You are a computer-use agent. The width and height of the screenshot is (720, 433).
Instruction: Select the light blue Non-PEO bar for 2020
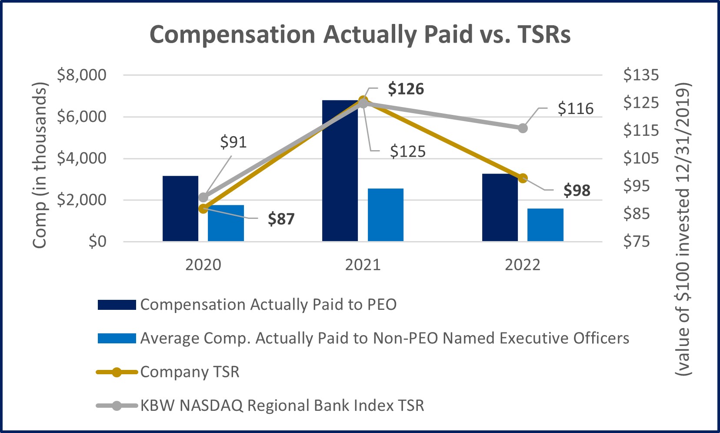(226, 223)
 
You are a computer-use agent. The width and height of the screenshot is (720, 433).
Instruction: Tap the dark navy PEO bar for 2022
(500, 208)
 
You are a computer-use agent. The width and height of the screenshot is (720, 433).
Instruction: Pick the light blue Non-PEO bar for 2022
(545, 225)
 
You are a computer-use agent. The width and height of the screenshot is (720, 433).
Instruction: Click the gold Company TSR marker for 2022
(523, 178)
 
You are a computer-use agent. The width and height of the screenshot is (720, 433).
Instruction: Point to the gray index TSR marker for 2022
(523, 128)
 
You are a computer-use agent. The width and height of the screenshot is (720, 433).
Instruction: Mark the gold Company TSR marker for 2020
(203, 208)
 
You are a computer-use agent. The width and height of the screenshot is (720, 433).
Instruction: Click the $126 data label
(406, 89)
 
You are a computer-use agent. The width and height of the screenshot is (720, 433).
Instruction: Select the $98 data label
(577, 191)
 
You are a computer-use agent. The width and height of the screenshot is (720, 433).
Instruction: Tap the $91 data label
(233, 142)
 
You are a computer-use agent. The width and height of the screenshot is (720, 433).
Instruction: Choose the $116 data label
(575, 108)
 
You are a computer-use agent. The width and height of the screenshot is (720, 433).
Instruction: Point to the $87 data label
(281, 219)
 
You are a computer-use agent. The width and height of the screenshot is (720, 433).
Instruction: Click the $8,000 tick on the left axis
(82, 75)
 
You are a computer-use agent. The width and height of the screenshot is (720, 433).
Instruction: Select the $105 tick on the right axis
(641, 158)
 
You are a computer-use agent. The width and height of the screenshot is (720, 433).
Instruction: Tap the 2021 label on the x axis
(363, 265)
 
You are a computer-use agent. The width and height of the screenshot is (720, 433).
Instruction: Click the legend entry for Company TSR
(190, 372)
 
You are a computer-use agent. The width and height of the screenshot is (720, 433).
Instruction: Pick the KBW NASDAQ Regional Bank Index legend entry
(282, 406)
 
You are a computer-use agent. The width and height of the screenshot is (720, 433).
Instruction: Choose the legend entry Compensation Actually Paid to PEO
(268, 305)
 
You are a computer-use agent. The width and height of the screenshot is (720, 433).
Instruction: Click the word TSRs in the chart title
(544, 34)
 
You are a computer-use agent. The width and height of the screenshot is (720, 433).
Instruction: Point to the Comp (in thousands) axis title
(40, 165)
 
